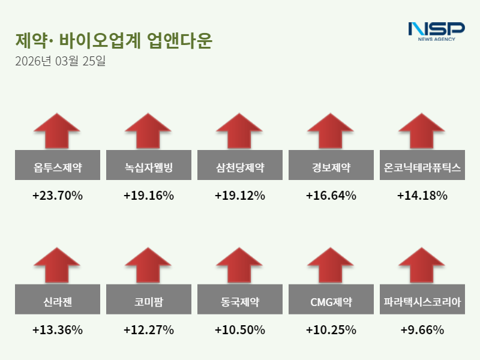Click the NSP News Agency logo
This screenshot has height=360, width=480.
[436, 31]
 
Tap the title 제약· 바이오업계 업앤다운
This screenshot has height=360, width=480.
[114, 40]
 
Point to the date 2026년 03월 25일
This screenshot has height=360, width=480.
[60, 61]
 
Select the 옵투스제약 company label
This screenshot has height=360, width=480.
[58, 167]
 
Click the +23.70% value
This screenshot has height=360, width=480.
[58, 196]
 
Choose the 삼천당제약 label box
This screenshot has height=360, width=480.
[240, 167]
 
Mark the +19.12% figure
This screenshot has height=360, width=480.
[240, 196]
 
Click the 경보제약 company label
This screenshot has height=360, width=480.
[331, 167]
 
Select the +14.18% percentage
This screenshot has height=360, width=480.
[422, 196]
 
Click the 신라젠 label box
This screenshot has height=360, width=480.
[58, 302]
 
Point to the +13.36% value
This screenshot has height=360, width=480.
[58, 330]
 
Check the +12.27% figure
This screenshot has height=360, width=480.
[149, 330]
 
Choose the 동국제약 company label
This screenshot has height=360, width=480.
[240, 302]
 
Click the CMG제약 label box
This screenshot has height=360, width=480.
[331, 302]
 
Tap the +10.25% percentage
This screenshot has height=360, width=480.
[331, 330]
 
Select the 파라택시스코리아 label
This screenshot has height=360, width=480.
[422, 302]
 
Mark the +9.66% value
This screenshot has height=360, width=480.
[422, 330]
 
